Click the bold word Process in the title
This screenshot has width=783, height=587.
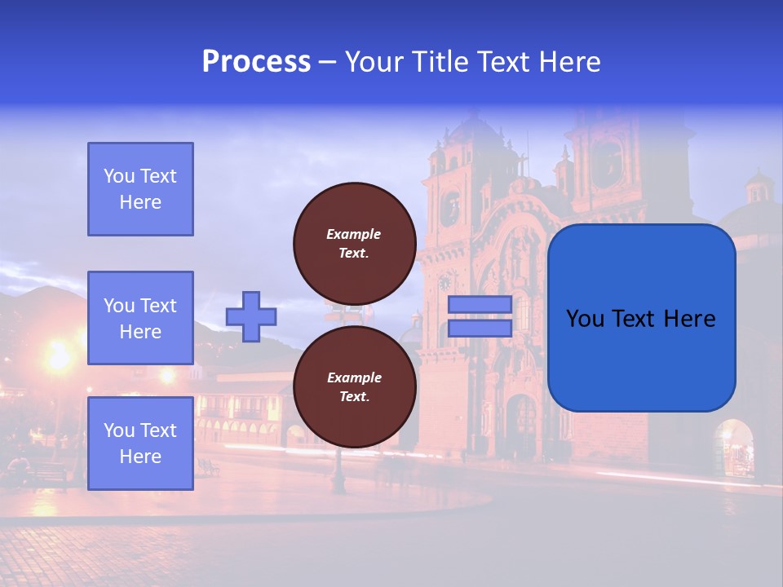(x=256, y=62)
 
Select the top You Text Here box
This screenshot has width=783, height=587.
(x=140, y=189)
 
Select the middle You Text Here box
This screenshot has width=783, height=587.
(x=140, y=318)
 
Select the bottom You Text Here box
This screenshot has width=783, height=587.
(x=140, y=444)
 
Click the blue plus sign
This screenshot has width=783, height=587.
(x=250, y=316)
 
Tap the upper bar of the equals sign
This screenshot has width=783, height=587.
(x=480, y=305)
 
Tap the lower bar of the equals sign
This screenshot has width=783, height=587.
(x=480, y=328)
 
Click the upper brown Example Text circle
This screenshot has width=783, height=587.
(x=354, y=243)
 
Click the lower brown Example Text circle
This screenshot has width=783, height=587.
(x=354, y=386)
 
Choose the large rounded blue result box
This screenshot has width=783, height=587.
(x=641, y=318)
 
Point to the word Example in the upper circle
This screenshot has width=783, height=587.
(x=354, y=234)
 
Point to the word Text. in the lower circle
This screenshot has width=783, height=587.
(x=354, y=397)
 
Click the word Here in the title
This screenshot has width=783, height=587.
(x=571, y=62)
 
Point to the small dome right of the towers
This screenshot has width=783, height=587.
(x=759, y=188)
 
